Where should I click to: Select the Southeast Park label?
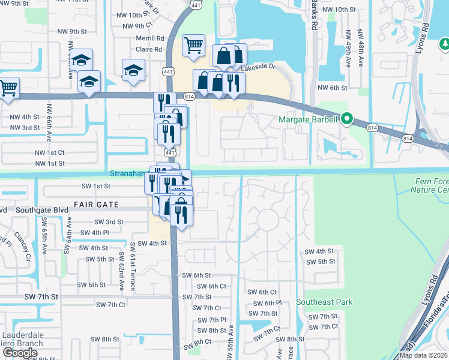click(324, 302)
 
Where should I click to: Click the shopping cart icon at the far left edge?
click(8, 88)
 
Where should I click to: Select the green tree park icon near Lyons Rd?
click(444, 44)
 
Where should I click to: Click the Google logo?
click(20, 353)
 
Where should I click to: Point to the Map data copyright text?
click(424, 355)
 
